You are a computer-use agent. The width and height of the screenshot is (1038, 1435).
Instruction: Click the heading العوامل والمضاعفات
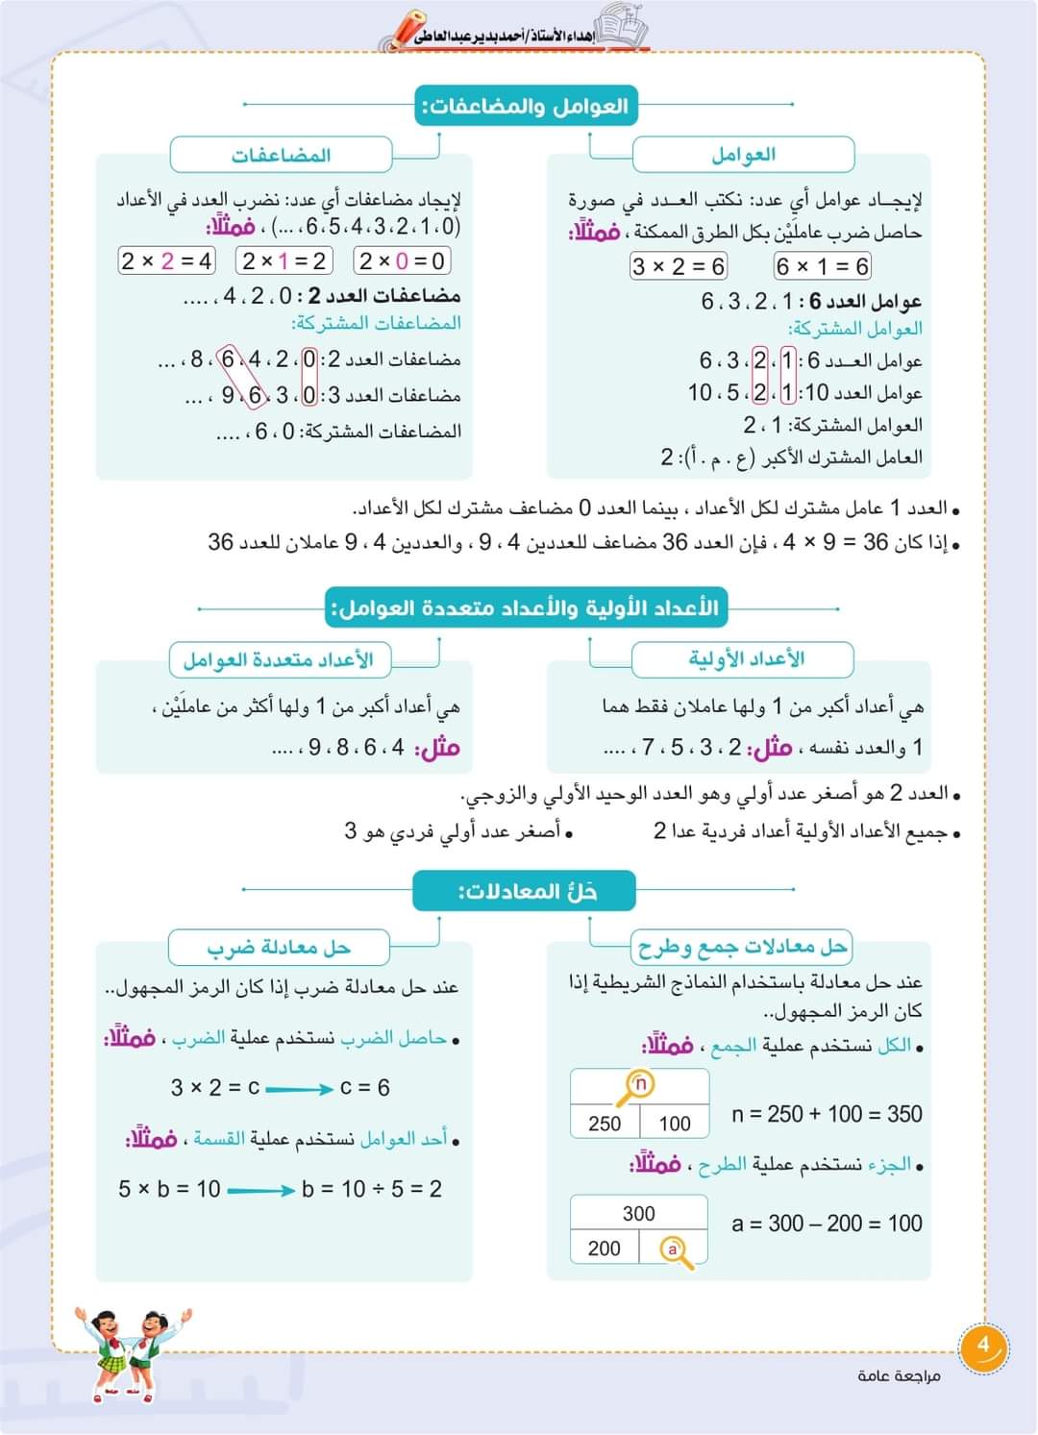[527, 106]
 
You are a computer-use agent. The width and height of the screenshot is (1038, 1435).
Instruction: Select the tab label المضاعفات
[281, 155]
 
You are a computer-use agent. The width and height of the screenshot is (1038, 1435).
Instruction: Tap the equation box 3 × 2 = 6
[679, 266]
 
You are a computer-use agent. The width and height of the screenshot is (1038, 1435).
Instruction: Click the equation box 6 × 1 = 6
[822, 266]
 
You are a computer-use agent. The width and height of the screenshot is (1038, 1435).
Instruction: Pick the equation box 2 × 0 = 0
[402, 260]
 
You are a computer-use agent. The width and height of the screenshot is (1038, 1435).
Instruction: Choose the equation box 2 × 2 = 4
[166, 260]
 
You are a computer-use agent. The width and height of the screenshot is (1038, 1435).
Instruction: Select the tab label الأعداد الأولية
[745, 659]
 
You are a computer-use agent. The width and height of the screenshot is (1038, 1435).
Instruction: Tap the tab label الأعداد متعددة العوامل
[278, 659]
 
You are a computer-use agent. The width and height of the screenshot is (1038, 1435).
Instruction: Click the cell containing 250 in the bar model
[605, 1124]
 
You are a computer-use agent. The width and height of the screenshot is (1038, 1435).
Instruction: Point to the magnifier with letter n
[637, 1086]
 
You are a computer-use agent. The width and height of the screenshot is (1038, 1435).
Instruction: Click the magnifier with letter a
[677, 1250]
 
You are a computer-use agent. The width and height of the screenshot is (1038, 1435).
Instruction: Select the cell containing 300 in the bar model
[639, 1213]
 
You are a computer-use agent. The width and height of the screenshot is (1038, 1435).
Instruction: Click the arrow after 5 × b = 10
[260, 1191]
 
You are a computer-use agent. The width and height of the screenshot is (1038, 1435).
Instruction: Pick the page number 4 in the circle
[982, 1346]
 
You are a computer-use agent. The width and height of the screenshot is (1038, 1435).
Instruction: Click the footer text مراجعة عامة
[899, 1376]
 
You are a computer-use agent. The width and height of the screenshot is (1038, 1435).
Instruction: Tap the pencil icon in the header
[396, 32]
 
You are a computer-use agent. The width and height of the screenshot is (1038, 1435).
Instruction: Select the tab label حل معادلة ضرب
[279, 948]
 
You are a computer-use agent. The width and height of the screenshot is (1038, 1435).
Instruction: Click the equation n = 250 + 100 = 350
[827, 1114]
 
